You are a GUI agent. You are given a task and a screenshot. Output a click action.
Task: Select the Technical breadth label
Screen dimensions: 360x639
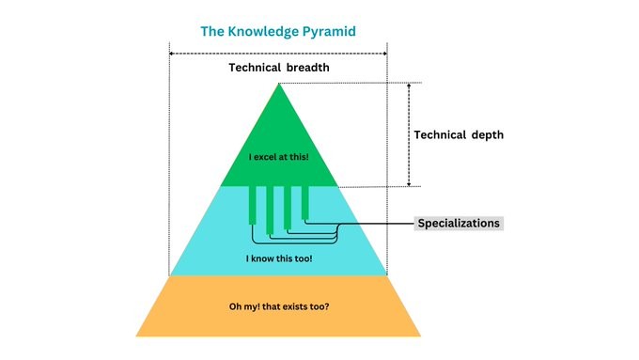(278, 69)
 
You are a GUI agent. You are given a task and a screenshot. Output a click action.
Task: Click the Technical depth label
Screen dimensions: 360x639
(460, 134)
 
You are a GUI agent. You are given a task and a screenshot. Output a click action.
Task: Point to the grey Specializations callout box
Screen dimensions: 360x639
(459, 223)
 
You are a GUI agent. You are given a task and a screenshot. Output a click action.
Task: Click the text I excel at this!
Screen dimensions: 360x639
(278, 157)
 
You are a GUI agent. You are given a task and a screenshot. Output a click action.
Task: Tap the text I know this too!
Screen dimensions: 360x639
(278, 257)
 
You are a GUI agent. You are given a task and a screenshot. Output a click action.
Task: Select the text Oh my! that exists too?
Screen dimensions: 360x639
(278, 305)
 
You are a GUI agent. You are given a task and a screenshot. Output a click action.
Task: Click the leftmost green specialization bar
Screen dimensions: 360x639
(253, 204)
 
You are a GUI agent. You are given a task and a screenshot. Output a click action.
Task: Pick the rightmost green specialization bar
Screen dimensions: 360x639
(304, 201)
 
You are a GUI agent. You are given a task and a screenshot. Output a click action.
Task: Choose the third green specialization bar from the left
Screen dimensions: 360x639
(288, 206)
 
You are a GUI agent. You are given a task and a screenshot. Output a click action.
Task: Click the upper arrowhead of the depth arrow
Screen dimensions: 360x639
(410, 86)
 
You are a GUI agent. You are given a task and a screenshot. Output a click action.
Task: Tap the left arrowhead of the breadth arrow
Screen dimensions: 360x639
(173, 54)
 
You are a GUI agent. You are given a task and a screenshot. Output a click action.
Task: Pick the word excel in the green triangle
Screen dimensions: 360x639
(266, 157)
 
